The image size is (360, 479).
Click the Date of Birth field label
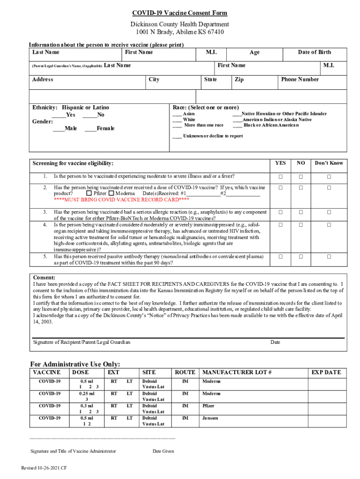click(314, 52)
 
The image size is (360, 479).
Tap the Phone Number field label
click(300, 80)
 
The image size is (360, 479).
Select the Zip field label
click(239, 80)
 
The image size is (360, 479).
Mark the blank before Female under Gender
click(90, 129)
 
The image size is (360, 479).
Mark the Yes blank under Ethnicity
click(58, 115)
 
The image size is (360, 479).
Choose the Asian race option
click(177, 114)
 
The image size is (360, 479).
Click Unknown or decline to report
click(208, 136)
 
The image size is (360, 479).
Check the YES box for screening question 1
click(281, 177)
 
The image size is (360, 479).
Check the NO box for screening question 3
click(301, 212)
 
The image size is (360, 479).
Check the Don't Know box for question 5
click(329, 257)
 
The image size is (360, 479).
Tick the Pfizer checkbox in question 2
click(89, 193)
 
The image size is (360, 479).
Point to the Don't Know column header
click(329, 163)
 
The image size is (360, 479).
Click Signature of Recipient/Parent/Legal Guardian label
click(82, 342)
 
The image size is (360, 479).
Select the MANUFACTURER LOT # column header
click(237, 372)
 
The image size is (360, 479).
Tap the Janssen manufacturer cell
click(210, 418)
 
